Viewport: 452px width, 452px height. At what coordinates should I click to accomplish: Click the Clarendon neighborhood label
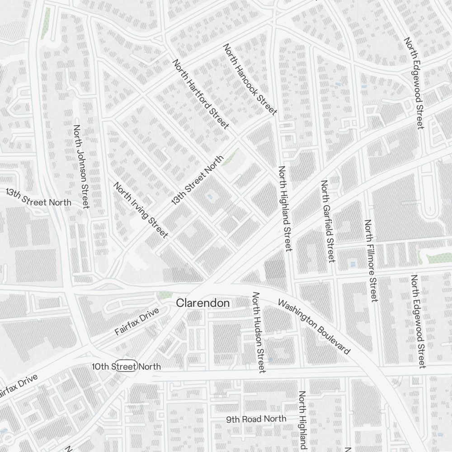203,303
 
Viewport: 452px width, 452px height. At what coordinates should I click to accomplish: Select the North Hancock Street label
250,80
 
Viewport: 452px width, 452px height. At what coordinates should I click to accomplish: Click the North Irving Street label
141,210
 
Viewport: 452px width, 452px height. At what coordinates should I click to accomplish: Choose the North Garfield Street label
328,221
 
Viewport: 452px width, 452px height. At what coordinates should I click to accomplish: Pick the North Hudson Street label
258,332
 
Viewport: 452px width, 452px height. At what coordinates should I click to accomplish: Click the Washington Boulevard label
314,326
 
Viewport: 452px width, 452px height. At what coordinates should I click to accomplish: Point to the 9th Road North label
256,419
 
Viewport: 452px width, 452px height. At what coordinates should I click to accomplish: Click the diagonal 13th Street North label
198,180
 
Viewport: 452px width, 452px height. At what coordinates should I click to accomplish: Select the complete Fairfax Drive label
137,321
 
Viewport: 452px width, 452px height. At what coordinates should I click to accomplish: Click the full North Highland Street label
285,208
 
